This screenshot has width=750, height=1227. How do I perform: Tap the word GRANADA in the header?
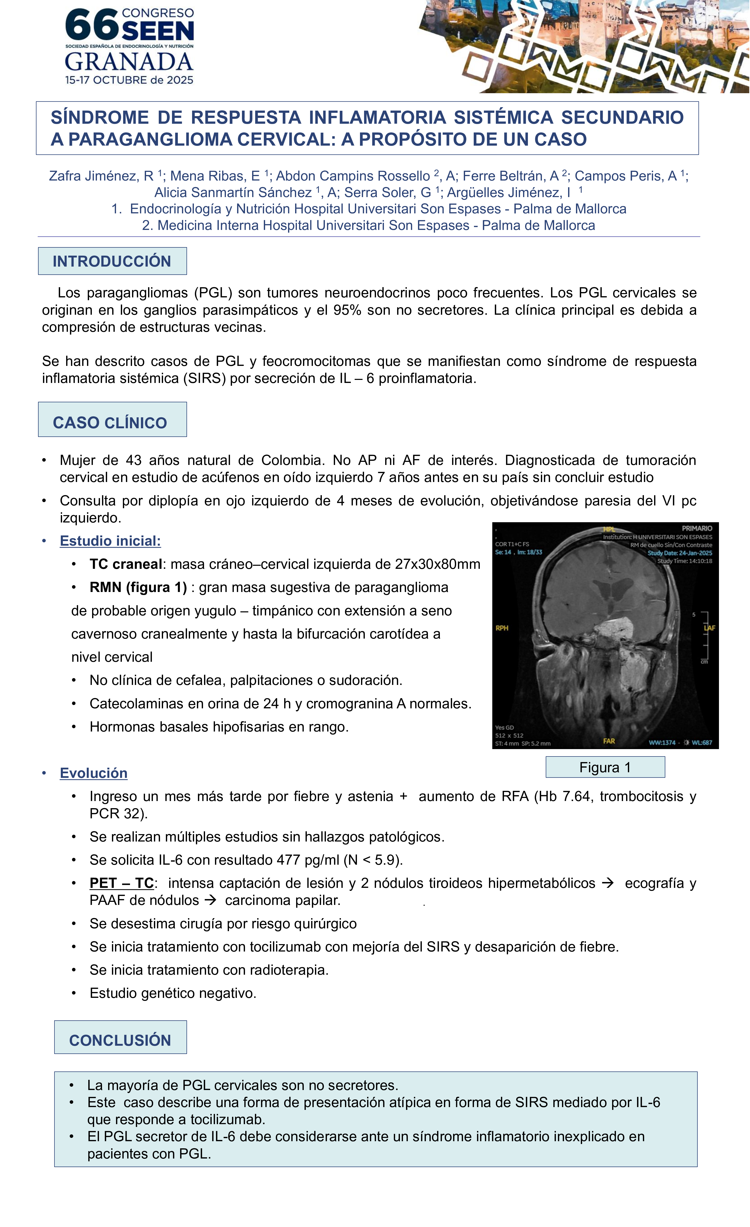click(x=129, y=62)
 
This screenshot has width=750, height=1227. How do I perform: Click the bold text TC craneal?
click(x=125, y=564)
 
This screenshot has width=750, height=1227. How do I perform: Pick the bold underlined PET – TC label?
click(x=121, y=883)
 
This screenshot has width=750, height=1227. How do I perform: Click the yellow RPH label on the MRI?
click(x=502, y=628)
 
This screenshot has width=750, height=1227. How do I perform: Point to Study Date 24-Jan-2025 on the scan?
click(x=679, y=553)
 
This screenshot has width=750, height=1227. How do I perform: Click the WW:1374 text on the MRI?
click(x=662, y=742)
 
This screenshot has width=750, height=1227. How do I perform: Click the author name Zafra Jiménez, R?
click(x=101, y=176)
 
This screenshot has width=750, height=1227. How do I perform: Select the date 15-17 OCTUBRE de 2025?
click(x=129, y=80)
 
